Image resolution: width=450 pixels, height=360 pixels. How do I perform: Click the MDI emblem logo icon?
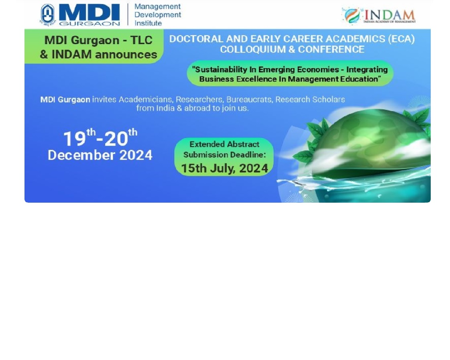click(47, 15)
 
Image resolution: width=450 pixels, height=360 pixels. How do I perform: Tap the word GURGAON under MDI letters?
click(90, 24)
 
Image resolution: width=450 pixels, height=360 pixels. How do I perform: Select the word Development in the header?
click(158, 15)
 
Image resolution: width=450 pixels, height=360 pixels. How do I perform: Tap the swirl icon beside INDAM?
click(352, 16)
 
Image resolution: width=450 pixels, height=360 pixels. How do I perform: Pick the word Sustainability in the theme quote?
click(219, 69)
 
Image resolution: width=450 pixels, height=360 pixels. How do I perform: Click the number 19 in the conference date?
click(75, 139)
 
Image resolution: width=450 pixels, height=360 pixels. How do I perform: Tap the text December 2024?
click(100, 155)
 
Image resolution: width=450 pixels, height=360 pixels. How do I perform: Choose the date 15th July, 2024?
click(224, 168)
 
